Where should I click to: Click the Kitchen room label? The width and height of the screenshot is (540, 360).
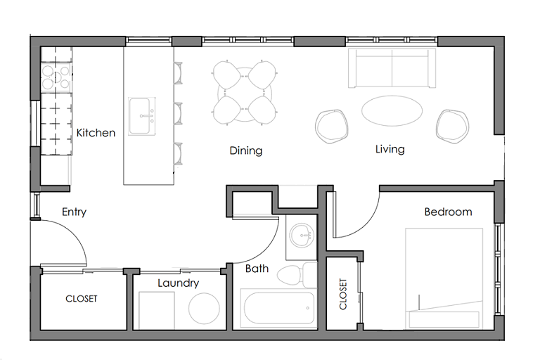click(96, 133)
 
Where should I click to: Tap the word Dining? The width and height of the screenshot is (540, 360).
click(246, 151)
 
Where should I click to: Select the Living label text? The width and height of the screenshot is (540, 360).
click(390, 150)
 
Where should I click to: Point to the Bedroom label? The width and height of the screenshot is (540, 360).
click(448, 212)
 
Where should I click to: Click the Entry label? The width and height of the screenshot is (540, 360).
click(74, 212)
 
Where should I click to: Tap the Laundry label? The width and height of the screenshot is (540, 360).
click(179, 283)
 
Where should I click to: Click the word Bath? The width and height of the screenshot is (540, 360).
click(257, 269)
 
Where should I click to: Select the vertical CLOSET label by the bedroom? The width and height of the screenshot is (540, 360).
click(343, 294)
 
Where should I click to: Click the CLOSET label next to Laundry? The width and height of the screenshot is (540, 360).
click(82, 299)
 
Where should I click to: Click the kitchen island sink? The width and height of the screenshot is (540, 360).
click(141, 116)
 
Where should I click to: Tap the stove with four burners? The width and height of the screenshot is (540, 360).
click(56, 77)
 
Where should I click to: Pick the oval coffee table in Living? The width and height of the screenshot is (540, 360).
click(392, 110)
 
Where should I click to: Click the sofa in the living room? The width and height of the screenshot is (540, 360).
click(392, 68)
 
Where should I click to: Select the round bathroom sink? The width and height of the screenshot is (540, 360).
click(302, 236)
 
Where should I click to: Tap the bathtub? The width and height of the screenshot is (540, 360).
click(279, 309)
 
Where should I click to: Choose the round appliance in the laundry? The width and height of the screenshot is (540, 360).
click(204, 309)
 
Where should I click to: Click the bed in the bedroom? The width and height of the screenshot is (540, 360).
click(444, 278)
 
